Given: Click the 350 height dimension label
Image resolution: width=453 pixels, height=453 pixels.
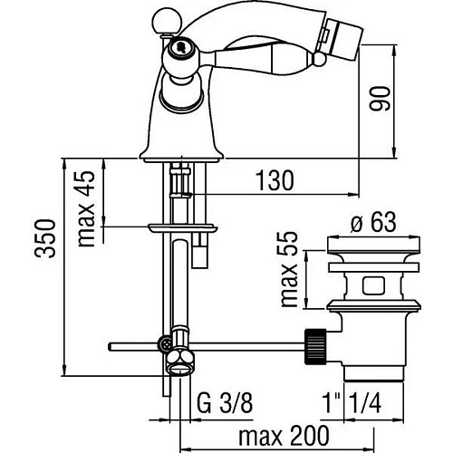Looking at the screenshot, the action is pyautogui.click(x=45, y=238).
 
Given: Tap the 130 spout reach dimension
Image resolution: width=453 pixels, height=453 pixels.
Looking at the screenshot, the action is pyautogui.click(x=275, y=180).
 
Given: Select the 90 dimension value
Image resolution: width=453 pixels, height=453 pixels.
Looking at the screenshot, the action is pyautogui.click(x=380, y=99).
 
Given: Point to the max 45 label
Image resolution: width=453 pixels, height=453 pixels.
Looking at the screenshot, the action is pyautogui.click(x=86, y=209).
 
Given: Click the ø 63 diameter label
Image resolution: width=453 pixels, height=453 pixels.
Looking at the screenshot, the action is pyautogui.click(x=373, y=222).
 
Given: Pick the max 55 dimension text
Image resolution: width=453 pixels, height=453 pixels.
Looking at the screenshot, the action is pyautogui.click(x=289, y=270).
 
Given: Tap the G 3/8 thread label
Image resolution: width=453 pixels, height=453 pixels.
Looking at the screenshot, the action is pyautogui.click(x=225, y=403).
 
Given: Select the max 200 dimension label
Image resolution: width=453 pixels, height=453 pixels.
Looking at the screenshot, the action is pyautogui.click(x=284, y=436).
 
